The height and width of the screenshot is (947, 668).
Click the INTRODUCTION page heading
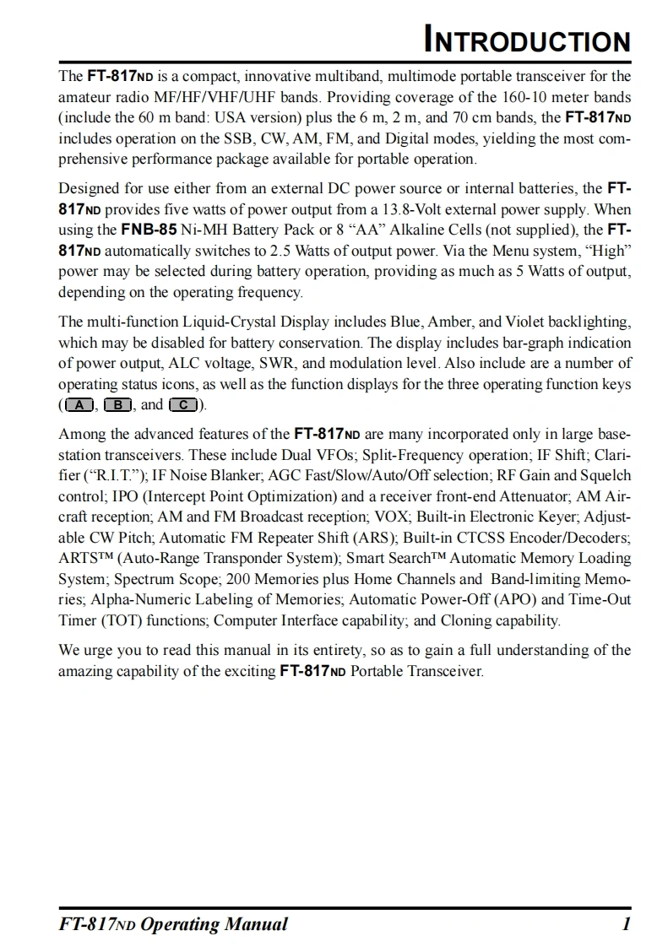pos(528,40)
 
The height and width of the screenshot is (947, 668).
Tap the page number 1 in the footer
pos(626,923)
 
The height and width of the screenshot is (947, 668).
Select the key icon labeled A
pos(79,405)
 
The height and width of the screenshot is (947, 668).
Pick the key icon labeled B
pos(118,405)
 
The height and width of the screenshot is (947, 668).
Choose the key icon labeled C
pos(184,405)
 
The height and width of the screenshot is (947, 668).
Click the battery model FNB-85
pos(149,229)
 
